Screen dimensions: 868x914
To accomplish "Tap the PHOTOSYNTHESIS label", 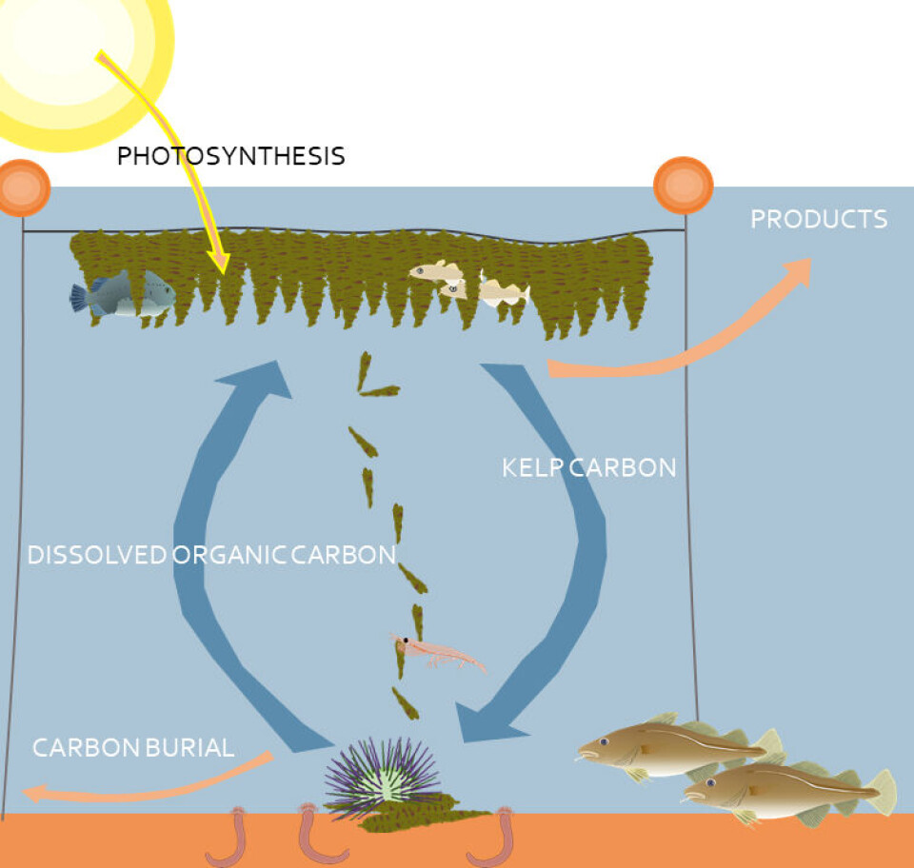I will (230, 157).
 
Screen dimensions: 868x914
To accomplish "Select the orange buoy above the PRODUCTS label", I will (684, 186).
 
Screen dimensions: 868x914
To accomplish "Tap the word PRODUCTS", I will (819, 220).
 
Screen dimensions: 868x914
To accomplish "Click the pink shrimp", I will (438, 653).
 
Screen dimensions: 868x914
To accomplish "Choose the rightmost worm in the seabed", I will (495, 838).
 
